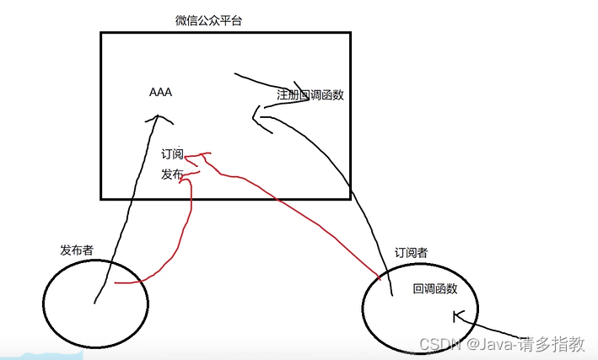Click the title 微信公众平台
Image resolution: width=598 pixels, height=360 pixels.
coord(207,20)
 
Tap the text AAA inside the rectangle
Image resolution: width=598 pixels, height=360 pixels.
coord(160,93)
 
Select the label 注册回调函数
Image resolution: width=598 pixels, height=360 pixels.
coord(310,95)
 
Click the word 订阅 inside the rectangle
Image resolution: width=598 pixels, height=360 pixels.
coord(172,154)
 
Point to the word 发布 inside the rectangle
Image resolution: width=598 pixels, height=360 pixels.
coord(172,175)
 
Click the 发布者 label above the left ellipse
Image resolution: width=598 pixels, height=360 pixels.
coord(77,250)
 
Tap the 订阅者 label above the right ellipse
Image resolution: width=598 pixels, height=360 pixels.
coord(411,252)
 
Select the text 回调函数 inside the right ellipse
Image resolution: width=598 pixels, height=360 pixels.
coord(434,288)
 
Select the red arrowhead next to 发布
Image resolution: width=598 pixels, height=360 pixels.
coord(186,175)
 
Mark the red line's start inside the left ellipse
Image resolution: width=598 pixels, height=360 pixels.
coord(115,283)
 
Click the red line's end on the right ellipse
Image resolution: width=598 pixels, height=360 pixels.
coord(379,277)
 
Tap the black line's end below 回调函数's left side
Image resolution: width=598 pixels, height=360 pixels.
coord(392,295)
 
